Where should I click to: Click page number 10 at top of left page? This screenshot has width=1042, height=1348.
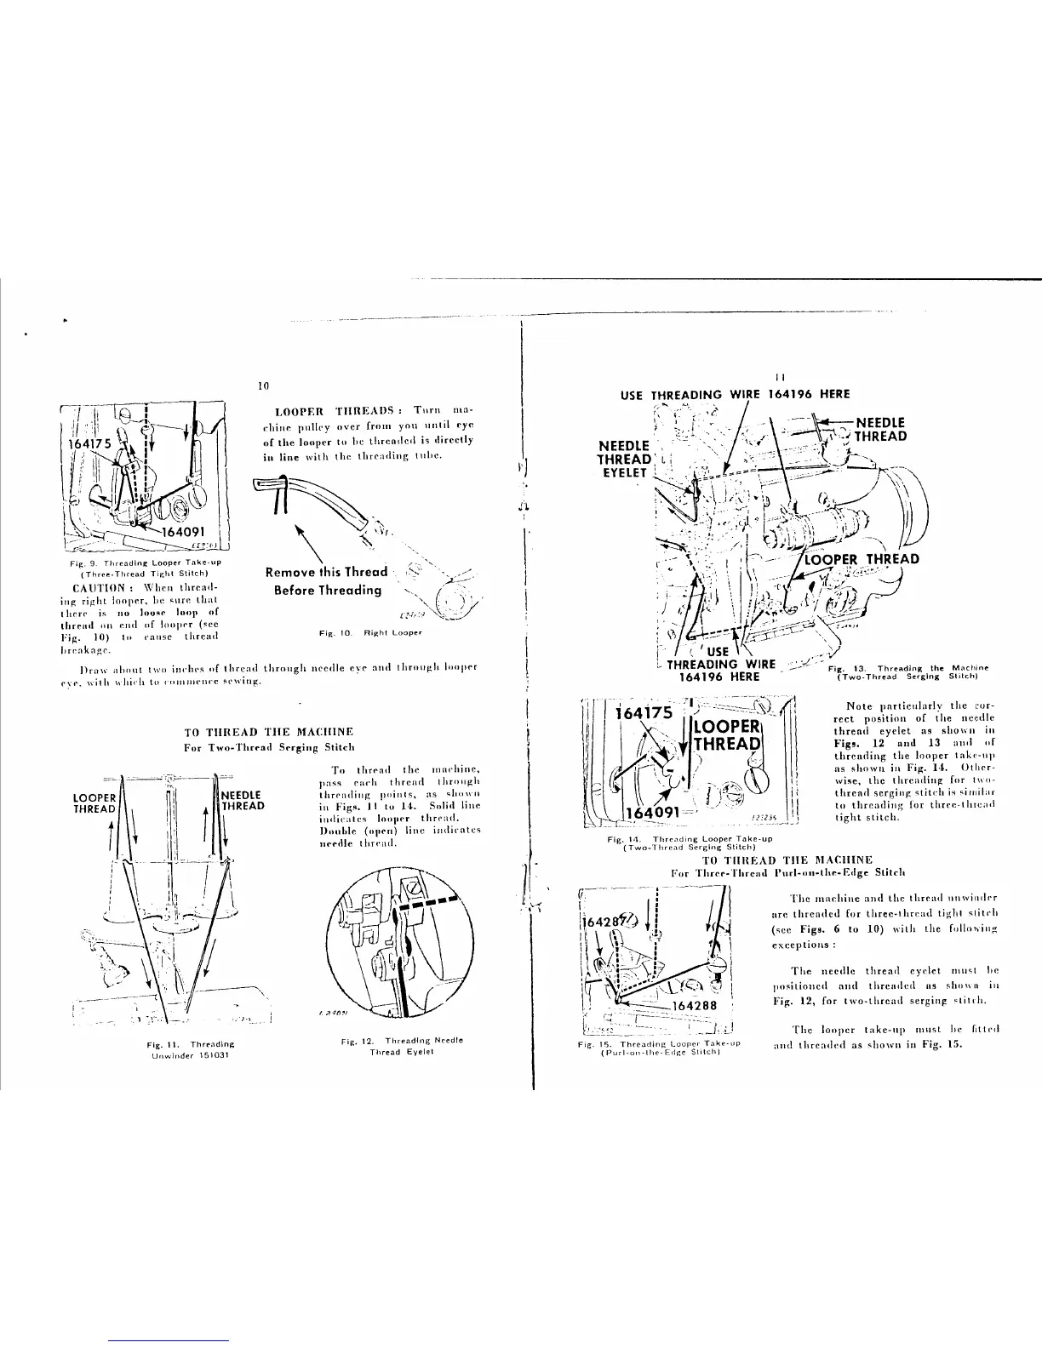pos(263,386)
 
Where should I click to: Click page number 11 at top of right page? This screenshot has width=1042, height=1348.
pos(780,377)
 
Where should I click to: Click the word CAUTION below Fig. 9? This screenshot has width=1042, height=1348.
pos(101,587)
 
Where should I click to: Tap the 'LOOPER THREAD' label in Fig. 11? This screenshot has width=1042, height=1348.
pos(94,803)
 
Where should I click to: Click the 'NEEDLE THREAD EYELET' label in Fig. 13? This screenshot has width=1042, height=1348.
pos(626,460)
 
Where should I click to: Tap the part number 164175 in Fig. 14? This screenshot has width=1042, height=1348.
pos(645,713)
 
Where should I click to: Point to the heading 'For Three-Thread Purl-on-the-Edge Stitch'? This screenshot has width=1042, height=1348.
pos(787,872)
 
